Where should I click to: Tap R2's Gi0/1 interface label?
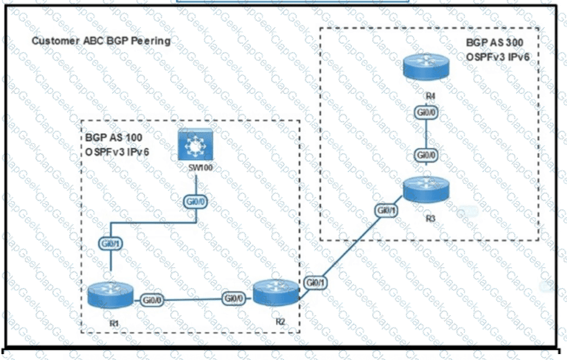pos(314,283)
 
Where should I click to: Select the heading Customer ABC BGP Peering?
pos(100,41)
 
